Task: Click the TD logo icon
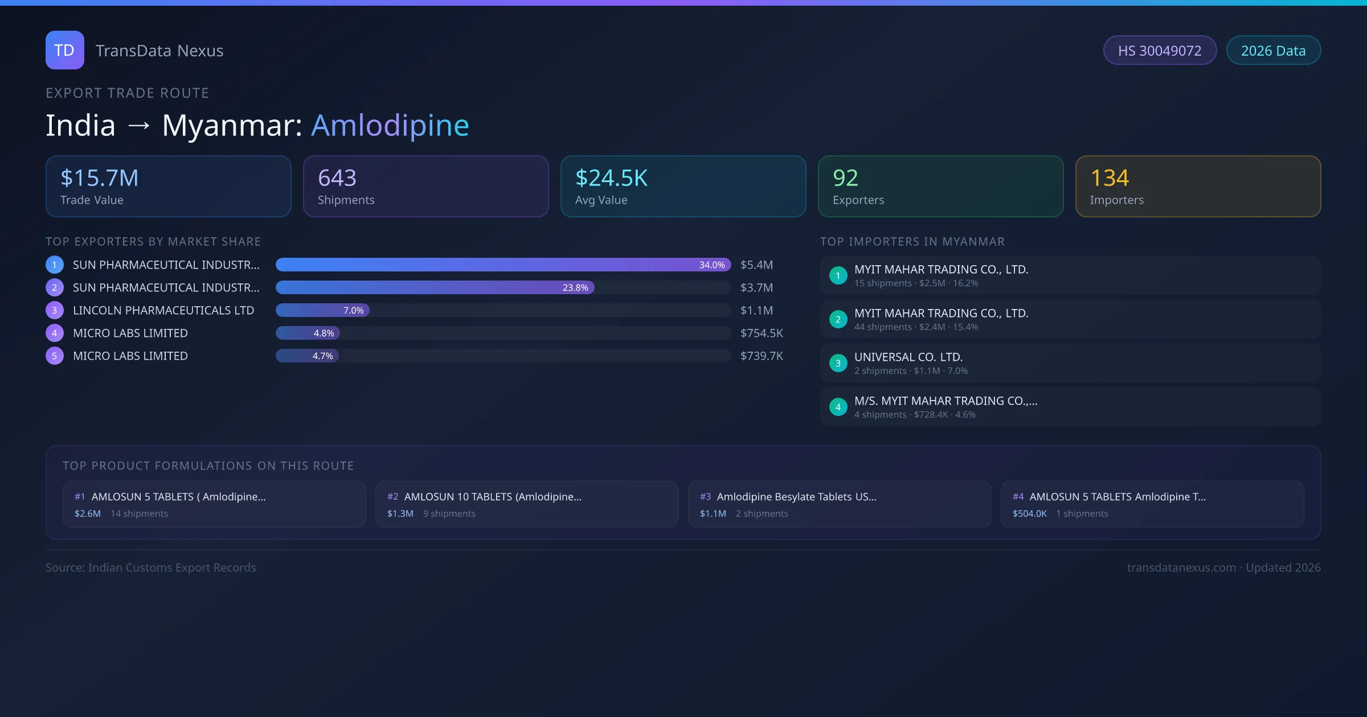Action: pos(64,50)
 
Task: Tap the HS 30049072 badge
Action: pos(1159,51)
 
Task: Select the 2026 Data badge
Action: pos(1273,51)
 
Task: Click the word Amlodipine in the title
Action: pos(390,125)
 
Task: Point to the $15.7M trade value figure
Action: pos(99,178)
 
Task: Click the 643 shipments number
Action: pos(337,178)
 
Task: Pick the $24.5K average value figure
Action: pos(611,178)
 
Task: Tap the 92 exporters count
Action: pos(845,178)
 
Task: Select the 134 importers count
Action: pos(1109,178)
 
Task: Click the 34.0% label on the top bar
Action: pos(712,265)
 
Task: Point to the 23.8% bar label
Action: pos(575,288)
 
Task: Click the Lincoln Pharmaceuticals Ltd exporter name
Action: pos(163,311)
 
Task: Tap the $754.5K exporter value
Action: pos(762,333)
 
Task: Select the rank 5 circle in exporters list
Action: pos(55,356)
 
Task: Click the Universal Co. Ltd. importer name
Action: pos(908,357)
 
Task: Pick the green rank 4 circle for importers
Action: pos(838,407)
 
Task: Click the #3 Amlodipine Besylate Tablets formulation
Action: pos(796,497)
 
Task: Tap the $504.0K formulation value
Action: pos(1029,514)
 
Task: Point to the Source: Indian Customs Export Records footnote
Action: pos(151,568)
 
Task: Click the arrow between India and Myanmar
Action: pos(139,126)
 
